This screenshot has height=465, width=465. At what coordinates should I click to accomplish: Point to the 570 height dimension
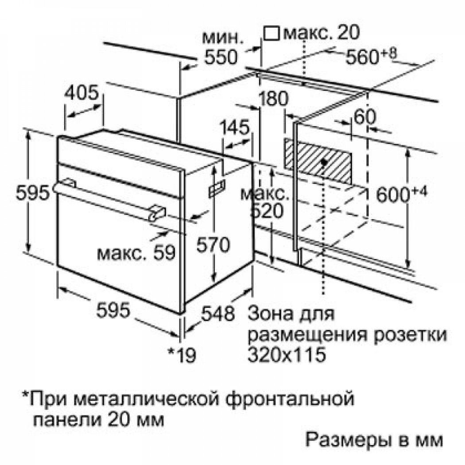[x=213, y=244]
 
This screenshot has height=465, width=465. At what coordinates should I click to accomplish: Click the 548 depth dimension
[x=218, y=313]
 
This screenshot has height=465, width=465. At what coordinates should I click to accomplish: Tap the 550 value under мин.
[x=221, y=57]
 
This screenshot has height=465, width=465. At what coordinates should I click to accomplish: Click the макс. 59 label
[x=136, y=253]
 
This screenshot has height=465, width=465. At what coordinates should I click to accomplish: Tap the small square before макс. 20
[x=271, y=33]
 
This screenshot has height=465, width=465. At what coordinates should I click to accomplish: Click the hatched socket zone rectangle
[x=318, y=161]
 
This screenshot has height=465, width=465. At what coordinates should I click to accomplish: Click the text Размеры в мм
[x=374, y=440]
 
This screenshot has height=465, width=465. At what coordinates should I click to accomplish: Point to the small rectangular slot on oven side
[x=217, y=187]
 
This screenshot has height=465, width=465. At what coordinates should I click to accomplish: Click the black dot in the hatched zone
[x=324, y=163]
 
